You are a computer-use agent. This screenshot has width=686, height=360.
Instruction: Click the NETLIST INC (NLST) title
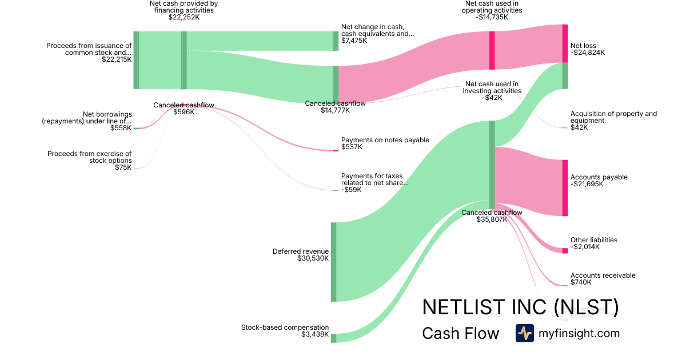click(520, 307)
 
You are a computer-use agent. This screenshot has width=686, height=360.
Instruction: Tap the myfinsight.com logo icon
click(524, 333)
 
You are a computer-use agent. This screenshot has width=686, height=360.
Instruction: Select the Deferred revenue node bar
click(333, 262)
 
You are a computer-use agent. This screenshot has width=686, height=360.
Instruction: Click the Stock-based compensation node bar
click(333, 338)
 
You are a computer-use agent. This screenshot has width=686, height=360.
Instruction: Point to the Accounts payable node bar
click(565, 188)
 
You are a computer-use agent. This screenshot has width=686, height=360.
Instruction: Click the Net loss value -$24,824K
click(587, 53)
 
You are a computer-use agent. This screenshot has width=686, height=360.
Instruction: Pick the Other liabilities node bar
click(565, 250)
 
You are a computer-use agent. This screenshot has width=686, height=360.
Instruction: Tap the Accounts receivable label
click(603, 275)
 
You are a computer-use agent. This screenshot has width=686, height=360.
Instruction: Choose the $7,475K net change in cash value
click(354, 41)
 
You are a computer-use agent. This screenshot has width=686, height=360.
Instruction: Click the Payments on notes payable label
click(385, 140)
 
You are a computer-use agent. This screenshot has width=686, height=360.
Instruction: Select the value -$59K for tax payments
click(351, 190)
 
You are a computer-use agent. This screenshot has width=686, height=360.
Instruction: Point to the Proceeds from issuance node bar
click(136, 60)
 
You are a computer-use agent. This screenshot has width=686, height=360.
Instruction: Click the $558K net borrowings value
click(121, 128)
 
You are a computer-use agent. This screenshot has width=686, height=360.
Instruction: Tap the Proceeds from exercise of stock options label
click(89, 157)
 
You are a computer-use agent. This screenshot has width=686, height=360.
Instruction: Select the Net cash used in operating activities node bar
click(492, 50)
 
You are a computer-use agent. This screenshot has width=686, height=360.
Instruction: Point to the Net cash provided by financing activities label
click(184, 7)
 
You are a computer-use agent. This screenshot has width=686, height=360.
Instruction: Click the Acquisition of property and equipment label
click(613, 117)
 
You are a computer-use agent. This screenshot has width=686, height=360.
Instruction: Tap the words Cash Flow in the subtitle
click(460, 333)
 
